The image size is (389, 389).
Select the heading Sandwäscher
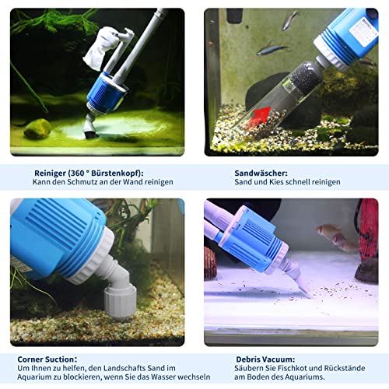261,172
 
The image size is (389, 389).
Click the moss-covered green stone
37,128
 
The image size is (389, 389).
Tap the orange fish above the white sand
331,233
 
